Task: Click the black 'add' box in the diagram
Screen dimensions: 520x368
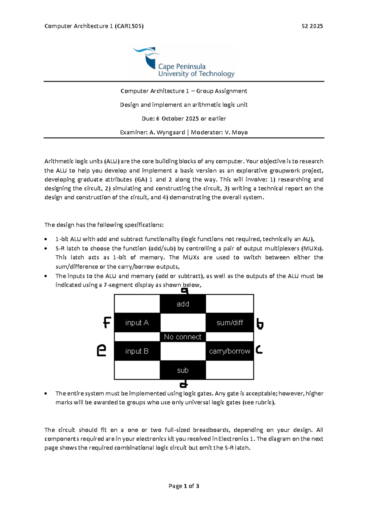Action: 183,304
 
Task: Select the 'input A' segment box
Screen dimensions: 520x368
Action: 137,323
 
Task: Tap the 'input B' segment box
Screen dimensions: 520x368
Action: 137,351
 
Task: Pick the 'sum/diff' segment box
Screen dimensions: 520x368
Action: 230,323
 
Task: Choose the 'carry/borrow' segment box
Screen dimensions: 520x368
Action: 230,351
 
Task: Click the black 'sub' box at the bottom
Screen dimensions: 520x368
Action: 183,370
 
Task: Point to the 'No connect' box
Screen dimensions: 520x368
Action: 183,337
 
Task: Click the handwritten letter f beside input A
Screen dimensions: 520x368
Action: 107,323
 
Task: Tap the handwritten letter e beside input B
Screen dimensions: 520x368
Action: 102,350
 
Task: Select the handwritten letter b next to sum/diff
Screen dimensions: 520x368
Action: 260,324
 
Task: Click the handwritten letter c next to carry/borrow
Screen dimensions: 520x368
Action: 259,349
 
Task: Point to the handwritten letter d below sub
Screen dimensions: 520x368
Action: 183,384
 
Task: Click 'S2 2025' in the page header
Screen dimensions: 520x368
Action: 312,26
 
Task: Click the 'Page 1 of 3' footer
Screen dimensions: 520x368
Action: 184,486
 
